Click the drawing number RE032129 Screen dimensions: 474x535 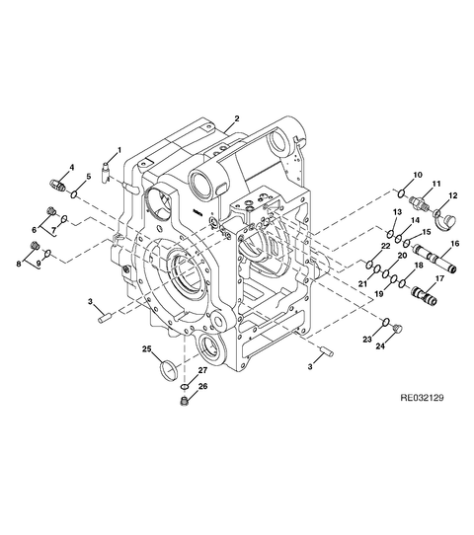(x=422, y=398)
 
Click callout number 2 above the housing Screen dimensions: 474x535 (x=237, y=118)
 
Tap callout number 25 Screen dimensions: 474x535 (x=147, y=349)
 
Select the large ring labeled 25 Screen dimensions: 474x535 (x=169, y=370)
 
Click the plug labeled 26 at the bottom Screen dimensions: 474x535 (x=185, y=402)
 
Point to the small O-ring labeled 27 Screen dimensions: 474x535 (x=185, y=387)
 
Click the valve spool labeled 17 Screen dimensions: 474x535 (x=425, y=295)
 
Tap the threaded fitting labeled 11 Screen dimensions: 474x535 (x=420, y=203)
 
